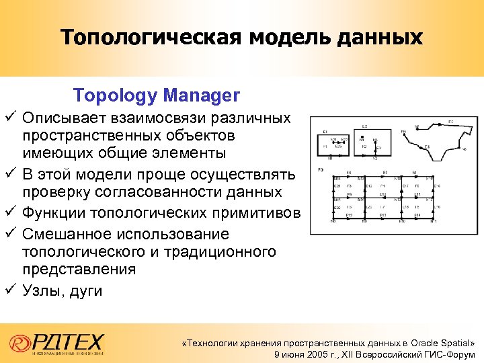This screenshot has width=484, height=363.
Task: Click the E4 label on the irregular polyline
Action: coord(428,146)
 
